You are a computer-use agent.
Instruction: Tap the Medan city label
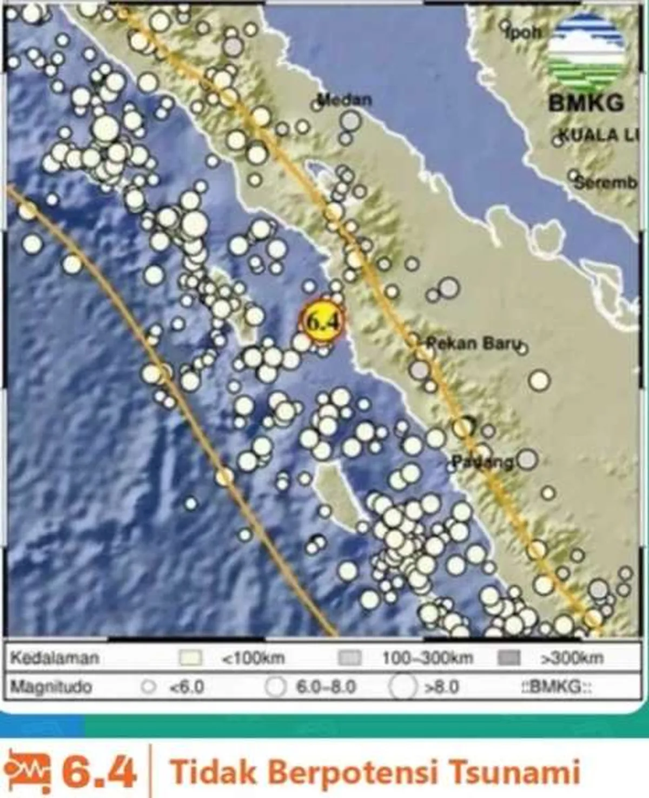point(345,100)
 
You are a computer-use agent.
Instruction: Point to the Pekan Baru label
point(474,343)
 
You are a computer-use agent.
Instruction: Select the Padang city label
point(482,462)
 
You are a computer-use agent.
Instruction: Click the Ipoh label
point(524,32)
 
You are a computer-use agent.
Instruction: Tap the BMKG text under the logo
point(586,103)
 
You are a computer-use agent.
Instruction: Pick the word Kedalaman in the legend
point(55,658)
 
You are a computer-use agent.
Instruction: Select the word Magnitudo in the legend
point(51,687)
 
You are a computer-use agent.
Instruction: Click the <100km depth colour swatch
point(190,658)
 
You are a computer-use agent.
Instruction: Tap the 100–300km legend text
point(427,658)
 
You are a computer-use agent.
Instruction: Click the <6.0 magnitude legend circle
point(148,687)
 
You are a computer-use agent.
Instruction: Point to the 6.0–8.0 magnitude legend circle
point(275,687)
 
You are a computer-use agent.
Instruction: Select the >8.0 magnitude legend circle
point(402,687)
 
